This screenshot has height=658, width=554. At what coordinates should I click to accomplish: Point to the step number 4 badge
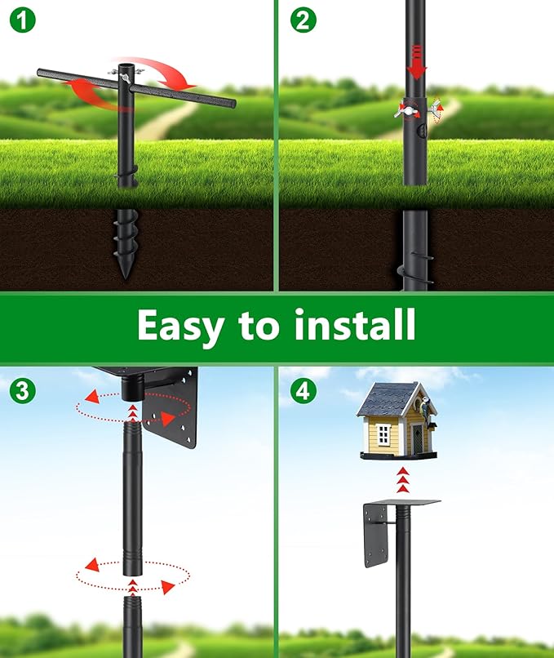[x=302, y=390]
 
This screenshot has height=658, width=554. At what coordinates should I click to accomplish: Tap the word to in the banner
[x=259, y=327]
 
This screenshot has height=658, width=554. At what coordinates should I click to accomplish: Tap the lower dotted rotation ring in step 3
[x=131, y=576]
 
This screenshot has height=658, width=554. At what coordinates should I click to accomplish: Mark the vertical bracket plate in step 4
[x=376, y=535]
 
